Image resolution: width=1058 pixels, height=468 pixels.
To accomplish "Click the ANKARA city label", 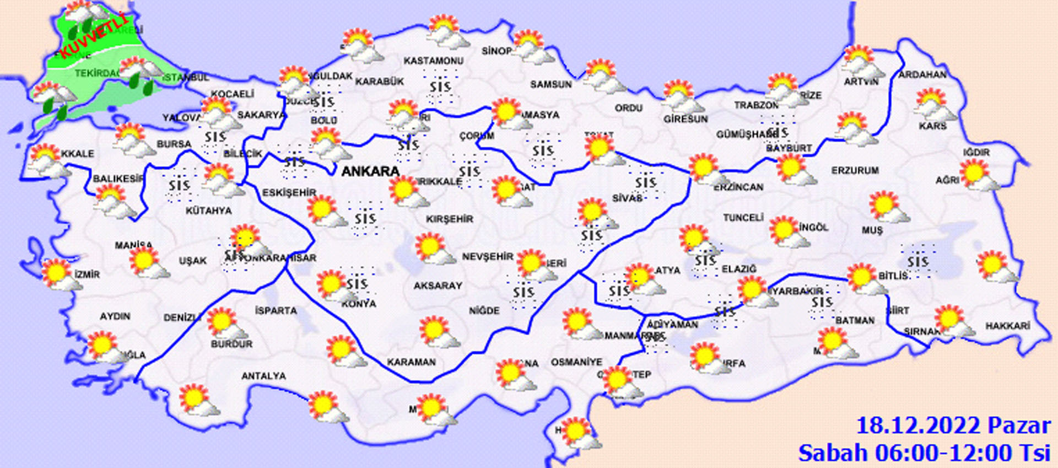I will pos(370,171).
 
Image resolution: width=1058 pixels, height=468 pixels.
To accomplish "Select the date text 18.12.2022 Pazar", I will pos(953,426).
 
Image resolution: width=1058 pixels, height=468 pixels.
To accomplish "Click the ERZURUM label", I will pos(855,171).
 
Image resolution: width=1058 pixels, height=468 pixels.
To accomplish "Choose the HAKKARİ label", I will pos(1007,326).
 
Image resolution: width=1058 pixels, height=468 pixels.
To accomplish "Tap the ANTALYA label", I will pos(263,376).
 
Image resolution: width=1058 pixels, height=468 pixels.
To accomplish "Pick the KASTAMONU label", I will pos(433,61).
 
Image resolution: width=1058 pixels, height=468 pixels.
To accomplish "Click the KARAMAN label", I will pos(411,362).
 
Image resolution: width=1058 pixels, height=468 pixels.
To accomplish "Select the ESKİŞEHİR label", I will pos(289,192).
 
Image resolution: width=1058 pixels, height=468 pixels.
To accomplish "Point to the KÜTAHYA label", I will pos(208,211).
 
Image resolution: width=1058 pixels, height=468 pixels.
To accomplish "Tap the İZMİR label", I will pos(87,274).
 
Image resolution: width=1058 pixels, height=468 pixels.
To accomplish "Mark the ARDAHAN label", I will pos(922,74).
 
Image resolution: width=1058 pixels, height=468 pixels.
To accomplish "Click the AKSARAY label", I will pos(438,286).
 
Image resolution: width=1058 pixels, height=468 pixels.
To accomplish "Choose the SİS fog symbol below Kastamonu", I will pos(440,87).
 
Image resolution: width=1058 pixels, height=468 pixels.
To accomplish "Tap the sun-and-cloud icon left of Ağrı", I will pos(978,175).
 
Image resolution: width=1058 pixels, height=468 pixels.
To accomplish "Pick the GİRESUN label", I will pos(685,119).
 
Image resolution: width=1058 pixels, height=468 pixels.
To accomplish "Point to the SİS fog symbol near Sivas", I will pos(645,182).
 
